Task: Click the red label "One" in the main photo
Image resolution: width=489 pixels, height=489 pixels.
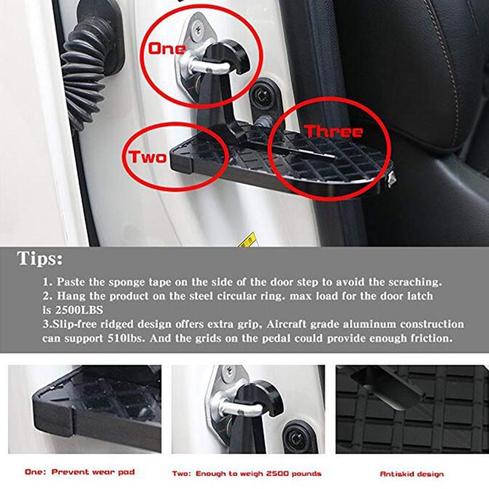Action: coord(167,48)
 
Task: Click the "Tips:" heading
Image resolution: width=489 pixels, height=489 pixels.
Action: coord(40,259)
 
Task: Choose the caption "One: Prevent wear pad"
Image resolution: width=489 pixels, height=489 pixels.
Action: coord(79,472)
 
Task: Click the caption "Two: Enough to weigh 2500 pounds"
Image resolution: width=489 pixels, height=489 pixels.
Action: coord(246,473)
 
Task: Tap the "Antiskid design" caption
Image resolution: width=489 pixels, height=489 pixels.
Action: coord(412,474)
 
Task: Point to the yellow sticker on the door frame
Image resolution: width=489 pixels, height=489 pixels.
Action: coord(249,239)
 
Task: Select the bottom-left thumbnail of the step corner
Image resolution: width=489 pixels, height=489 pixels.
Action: coord(84,409)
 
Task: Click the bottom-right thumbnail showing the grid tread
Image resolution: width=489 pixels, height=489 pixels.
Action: coord(412,409)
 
